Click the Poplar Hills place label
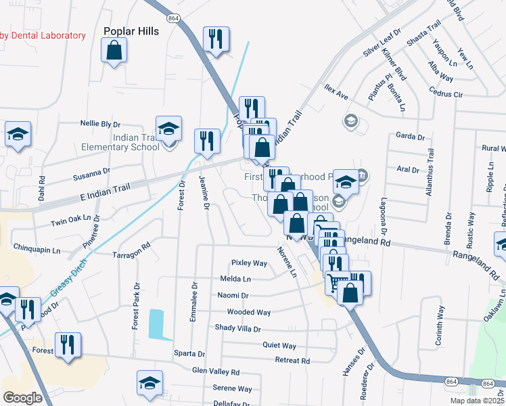tap(131, 31)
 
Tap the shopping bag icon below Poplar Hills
tap(114, 50)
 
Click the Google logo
tap(23, 398)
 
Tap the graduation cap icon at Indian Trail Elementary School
tap(168, 127)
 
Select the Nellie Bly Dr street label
tap(100, 125)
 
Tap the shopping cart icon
tap(337, 281)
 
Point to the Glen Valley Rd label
tap(216, 371)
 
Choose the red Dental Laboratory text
tap(43, 35)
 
